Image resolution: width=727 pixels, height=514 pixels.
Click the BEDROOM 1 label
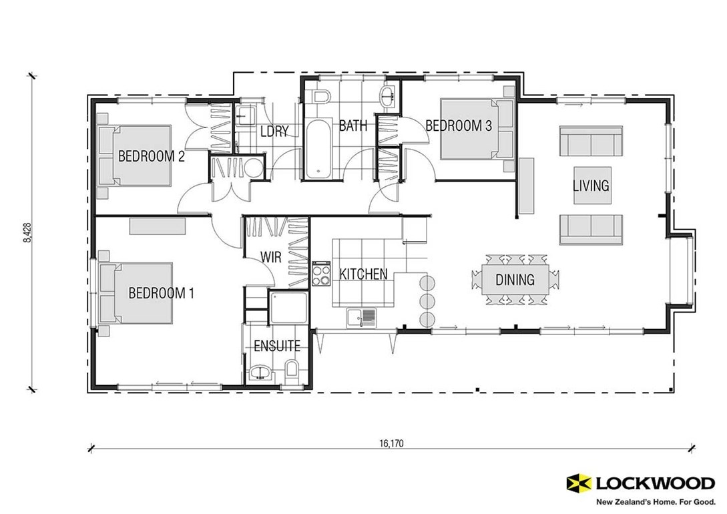161,292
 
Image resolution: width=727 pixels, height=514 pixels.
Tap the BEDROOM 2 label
151,157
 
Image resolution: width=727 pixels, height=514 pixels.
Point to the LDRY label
274,131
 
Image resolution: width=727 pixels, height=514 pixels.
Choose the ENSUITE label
276,346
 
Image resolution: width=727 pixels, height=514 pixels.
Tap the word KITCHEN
363,274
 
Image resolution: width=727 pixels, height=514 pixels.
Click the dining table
515,280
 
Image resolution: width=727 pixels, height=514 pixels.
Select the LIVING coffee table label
591,185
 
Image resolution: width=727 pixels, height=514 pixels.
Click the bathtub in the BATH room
318,150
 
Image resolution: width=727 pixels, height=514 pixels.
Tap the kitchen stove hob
322,274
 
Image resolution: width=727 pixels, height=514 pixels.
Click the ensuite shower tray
288,309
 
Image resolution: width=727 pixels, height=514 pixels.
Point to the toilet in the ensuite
292,369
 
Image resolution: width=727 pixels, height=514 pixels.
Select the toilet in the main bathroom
320,97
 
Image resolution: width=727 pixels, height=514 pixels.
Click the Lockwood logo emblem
578,482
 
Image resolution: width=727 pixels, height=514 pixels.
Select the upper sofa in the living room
590,141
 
